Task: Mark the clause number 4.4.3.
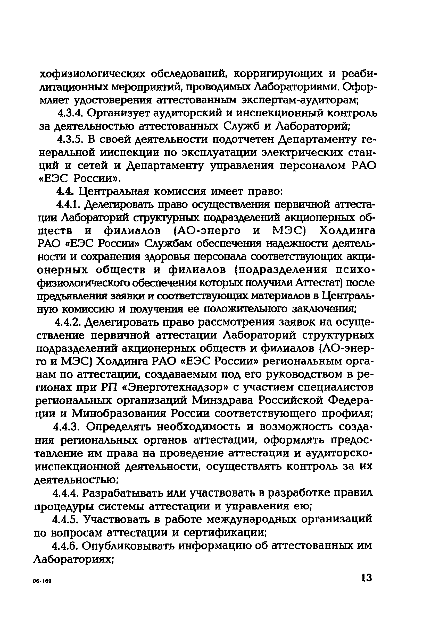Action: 67,427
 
